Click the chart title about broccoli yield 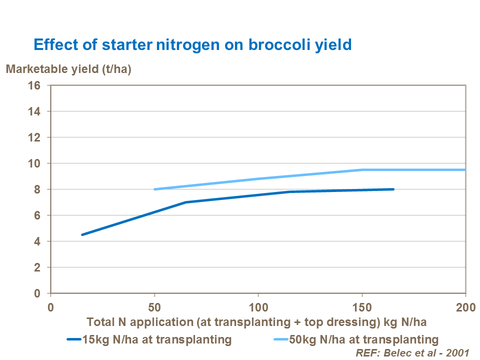coord(192,44)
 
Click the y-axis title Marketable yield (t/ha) coord(68,69)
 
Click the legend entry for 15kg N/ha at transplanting coord(150,339)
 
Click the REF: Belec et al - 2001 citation coord(412,352)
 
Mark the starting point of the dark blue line coord(82,234)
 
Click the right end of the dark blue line coord(393,189)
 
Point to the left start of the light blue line coord(154,189)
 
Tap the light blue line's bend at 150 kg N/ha coord(362,169)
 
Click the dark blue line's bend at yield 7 coord(185,202)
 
